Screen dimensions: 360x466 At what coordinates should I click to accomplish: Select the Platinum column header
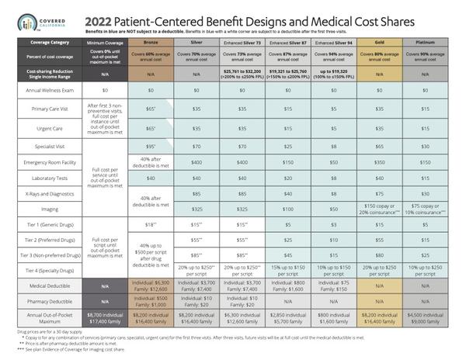click(426, 43)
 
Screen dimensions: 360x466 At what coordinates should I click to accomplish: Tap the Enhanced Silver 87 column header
click(290, 43)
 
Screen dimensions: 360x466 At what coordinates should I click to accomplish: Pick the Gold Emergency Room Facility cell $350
click(381, 161)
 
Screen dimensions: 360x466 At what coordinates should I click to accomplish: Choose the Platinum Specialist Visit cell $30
click(426, 145)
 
